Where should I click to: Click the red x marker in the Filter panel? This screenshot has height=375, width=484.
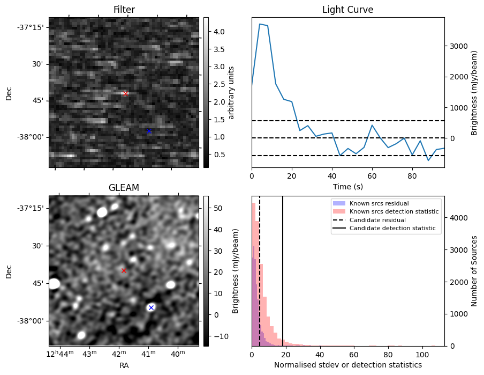click(x=126, y=93)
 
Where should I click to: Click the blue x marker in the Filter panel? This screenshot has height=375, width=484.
click(x=149, y=131)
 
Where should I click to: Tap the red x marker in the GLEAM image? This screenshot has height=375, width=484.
click(x=124, y=270)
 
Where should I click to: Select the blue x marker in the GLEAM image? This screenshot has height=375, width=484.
click(x=151, y=307)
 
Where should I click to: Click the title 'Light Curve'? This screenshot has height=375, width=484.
click(x=347, y=10)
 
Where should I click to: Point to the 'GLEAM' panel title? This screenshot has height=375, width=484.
click(x=124, y=188)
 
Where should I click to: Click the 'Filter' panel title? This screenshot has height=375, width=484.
click(x=124, y=10)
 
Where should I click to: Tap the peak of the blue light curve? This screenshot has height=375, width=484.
click(x=260, y=24)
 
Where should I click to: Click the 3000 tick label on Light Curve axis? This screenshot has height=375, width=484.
click(x=458, y=46)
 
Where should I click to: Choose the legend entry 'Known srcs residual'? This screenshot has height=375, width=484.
click(x=379, y=203)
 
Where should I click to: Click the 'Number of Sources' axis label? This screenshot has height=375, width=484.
click(x=474, y=271)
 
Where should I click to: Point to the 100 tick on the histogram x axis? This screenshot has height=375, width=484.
click(x=422, y=354)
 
